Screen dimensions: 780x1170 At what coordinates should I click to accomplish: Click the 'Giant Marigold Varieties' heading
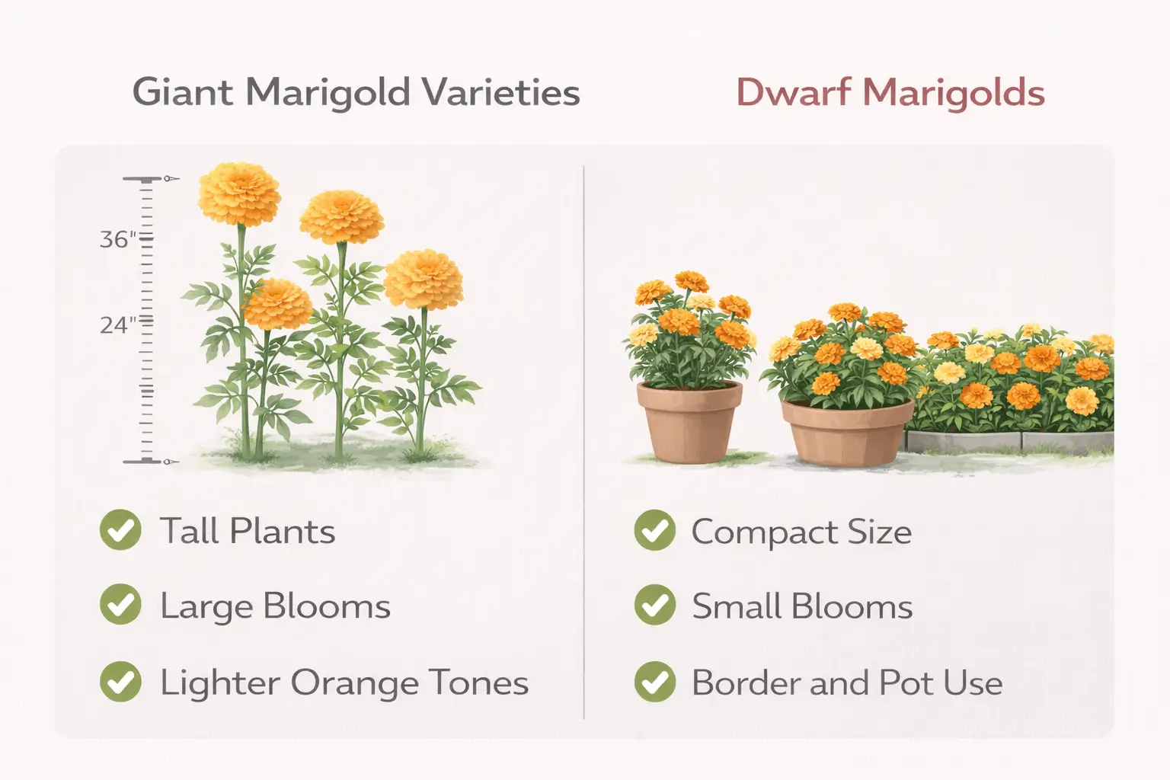[356, 93]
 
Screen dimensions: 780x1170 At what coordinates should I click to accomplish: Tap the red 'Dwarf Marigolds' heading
[890, 94]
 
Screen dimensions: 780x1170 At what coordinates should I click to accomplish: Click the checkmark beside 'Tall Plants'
[120, 530]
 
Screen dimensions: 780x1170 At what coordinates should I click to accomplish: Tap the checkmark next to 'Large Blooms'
[120, 605]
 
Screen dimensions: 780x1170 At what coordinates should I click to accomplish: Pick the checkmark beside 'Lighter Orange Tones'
[120, 681]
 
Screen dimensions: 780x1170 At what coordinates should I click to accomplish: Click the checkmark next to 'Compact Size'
[654, 530]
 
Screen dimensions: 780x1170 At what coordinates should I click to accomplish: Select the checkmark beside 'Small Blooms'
[654, 605]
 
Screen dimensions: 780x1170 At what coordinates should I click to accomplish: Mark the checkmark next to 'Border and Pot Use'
[654, 681]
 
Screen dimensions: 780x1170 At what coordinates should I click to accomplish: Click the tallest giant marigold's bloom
[239, 193]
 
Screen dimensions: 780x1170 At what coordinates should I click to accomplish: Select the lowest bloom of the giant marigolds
[278, 304]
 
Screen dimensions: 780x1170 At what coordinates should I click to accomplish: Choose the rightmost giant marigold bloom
[424, 279]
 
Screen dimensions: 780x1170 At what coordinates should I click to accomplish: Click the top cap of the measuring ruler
[142, 180]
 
